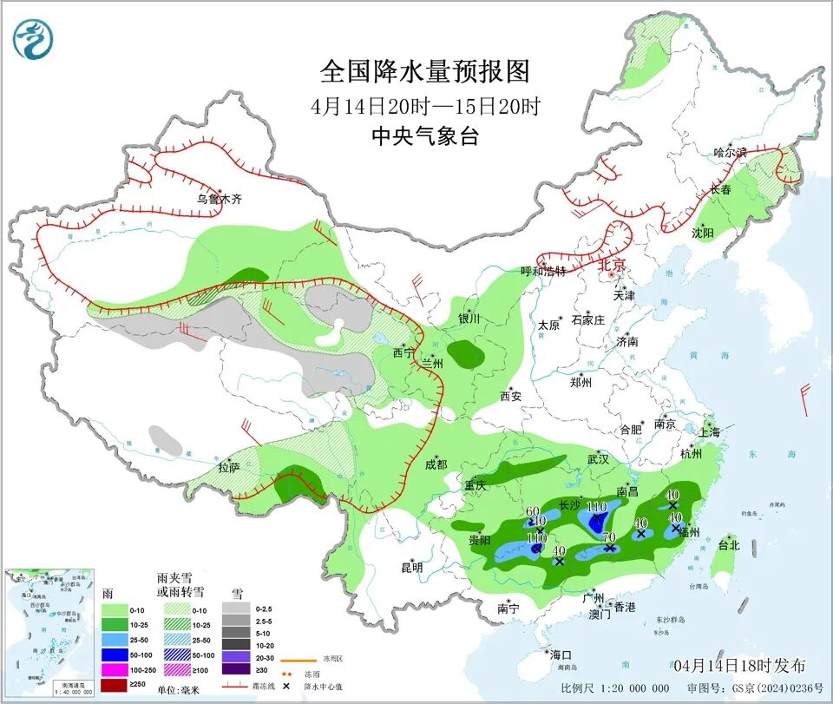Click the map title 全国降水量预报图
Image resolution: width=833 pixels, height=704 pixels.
point(424,70)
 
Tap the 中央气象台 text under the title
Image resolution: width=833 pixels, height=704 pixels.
point(424,135)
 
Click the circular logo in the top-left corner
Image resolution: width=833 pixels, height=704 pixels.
point(34,38)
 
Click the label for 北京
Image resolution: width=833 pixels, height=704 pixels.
point(613,266)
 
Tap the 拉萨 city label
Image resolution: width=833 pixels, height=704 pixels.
point(228,467)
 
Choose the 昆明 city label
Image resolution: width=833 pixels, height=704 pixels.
point(411,567)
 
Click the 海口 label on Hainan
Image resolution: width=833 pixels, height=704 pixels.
point(561,654)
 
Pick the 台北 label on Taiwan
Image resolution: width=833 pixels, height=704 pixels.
point(728,545)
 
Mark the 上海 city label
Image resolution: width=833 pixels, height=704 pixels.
point(709,431)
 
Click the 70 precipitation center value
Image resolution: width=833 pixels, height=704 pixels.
point(609,537)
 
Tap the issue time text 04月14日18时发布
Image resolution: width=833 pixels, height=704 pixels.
point(738,665)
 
